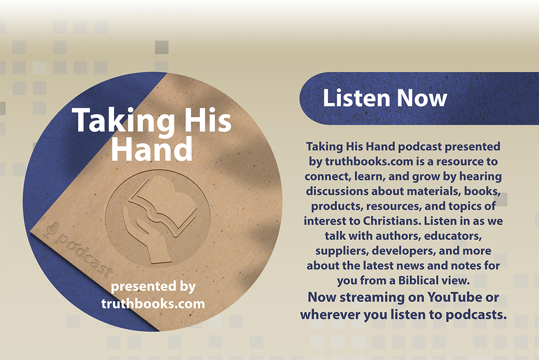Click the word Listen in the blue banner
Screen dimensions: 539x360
356,98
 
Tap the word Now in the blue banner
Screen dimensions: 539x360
422,98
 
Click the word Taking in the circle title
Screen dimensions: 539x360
123,121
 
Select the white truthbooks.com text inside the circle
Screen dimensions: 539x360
153,304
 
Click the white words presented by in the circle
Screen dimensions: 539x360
153,287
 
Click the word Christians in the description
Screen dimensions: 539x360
392,221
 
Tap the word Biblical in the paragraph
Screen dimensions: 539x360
418,280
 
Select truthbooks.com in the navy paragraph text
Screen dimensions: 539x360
369,161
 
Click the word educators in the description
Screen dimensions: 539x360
453,236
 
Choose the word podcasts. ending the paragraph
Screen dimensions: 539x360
476,315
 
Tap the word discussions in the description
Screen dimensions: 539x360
337,191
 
